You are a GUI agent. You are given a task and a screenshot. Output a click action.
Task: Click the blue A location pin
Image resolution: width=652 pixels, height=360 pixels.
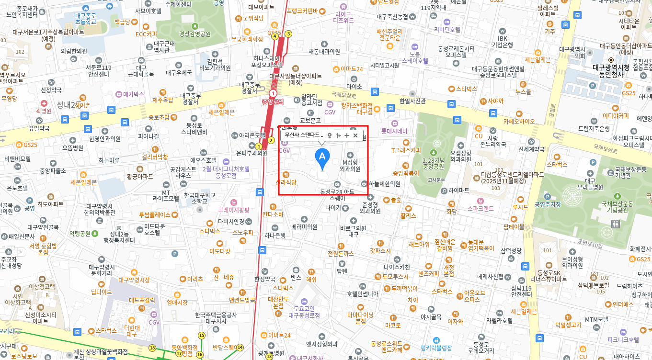pyautogui.click(x=322, y=158)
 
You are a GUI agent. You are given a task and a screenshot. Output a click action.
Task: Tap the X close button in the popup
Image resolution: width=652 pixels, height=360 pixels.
pyautogui.click(x=355, y=135)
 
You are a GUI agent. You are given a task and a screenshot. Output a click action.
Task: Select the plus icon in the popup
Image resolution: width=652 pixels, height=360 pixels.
pyautogui.click(x=347, y=135)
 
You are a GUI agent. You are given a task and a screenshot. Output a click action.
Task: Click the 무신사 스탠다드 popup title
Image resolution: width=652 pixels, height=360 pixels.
pyautogui.click(x=302, y=135)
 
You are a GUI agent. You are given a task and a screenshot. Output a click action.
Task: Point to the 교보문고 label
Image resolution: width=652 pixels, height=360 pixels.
pyautogui.click(x=310, y=120)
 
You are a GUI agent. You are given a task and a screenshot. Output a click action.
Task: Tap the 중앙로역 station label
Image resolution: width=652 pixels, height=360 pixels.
pyautogui.click(x=273, y=101)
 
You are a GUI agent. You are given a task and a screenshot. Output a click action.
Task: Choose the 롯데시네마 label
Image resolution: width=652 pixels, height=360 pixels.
pyautogui.click(x=394, y=131)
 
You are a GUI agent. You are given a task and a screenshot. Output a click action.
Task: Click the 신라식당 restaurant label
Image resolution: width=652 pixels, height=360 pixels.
pyautogui.click(x=286, y=182)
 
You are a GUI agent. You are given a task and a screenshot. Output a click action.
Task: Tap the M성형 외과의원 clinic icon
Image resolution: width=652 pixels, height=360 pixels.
pyautogui.click(x=350, y=155)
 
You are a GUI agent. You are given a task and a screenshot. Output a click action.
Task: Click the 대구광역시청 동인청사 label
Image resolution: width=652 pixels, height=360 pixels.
pyautogui.click(x=611, y=71)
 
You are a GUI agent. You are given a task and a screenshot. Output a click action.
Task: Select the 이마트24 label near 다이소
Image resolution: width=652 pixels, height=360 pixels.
pyautogui.click(x=352, y=69)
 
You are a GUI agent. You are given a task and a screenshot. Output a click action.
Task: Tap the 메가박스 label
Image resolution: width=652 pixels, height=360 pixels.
pyautogui.click(x=133, y=94)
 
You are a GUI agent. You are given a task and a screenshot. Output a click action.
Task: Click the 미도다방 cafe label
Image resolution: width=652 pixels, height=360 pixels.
pyautogui.click(x=220, y=251)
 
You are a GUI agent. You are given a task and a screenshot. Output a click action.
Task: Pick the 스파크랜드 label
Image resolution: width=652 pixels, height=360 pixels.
pyautogui.click(x=480, y=209)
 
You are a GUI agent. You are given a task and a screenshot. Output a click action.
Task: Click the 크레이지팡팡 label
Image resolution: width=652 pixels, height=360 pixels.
pyautogui.click(x=234, y=210)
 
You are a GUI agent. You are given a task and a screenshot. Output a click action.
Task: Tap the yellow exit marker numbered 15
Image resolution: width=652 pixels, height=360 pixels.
pyautogui.click(x=202, y=336)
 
